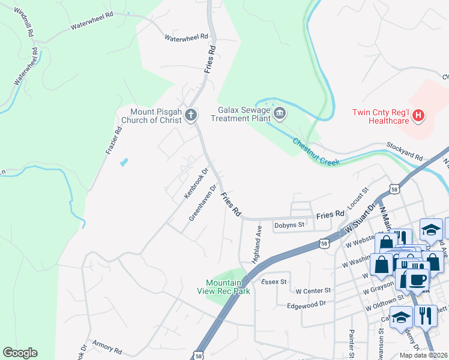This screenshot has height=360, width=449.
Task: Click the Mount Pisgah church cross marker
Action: pos(191,114)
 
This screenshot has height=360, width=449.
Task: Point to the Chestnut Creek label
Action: pos(316,152)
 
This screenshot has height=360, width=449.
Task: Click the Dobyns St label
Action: pos(289,226)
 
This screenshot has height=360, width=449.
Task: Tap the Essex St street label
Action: pos(274,281)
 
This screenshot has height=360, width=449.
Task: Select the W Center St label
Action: pos(313,290)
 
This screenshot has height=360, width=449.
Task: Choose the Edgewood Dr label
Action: pos(306,304)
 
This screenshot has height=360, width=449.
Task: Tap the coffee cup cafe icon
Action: pos(417,279)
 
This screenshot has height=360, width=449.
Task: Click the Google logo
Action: pos(20,353)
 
